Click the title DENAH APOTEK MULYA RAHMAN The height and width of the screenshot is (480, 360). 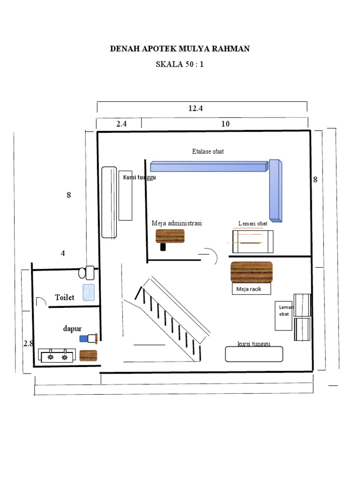click(180, 49)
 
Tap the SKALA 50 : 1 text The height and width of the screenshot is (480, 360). click(180, 65)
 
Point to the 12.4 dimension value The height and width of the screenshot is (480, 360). click(195, 108)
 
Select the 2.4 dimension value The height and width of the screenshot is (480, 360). click(121, 124)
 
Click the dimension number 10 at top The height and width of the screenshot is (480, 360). click(225, 124)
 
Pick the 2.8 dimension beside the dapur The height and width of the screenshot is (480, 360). click(29, 343)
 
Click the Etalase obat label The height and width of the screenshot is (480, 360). click(208, 151)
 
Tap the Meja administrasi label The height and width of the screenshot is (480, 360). click(177, 223)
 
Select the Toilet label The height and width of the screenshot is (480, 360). click(65, 298)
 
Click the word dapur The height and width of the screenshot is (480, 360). click(73, 329)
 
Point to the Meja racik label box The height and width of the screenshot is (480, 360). click(252, 289)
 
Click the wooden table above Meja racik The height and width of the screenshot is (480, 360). click(252, 272)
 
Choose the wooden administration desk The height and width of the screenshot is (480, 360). click(170, 236)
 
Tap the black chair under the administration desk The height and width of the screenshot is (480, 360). click(163, 247)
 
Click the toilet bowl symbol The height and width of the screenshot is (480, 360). click(87, 272)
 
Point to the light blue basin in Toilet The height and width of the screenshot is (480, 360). click(89, 292)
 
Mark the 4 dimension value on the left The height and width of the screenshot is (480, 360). click(63, 253)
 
